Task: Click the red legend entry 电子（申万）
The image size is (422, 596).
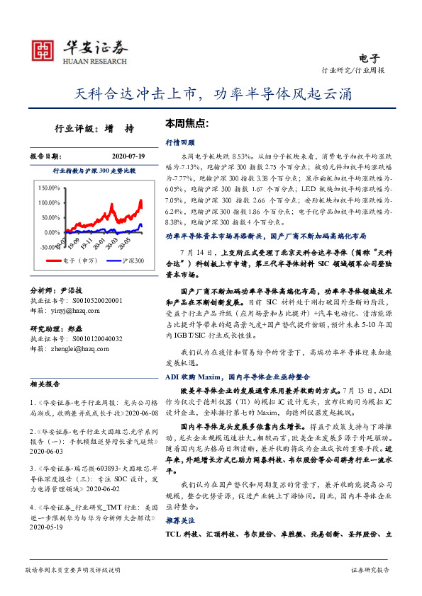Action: [67, 261]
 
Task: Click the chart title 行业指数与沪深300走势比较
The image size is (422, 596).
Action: [94, 171]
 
